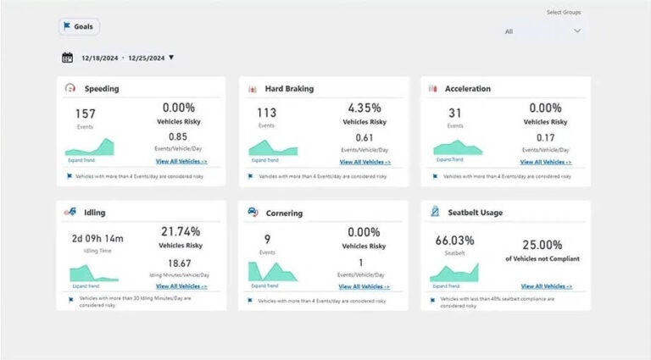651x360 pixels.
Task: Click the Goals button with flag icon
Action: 79,26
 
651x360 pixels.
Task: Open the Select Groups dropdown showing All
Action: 542,31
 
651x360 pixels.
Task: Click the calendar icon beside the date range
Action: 68,58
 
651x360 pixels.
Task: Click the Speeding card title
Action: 102,88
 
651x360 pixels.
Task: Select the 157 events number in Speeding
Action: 86,114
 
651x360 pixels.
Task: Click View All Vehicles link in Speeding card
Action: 181,161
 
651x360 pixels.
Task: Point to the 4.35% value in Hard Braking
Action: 364,108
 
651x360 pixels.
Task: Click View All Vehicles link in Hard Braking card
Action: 365,161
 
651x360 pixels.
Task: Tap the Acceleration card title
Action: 467,88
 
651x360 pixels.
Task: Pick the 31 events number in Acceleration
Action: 455,114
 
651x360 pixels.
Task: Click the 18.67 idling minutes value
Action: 178,263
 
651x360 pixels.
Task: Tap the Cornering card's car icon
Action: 253,212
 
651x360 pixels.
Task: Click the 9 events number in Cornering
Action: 267,238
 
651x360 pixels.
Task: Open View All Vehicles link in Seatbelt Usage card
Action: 547,286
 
